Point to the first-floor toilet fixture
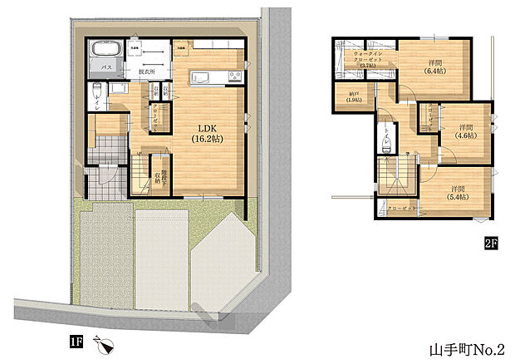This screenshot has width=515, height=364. tap(98, 91)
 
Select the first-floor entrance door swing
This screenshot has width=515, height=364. tap(106, 175)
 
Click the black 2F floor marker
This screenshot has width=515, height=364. tap(491, 243)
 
